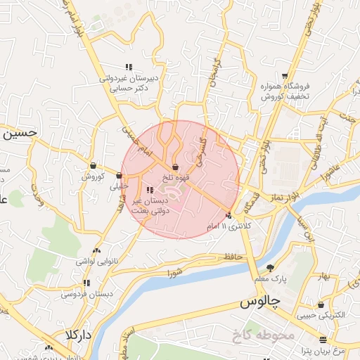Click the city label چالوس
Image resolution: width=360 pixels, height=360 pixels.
pos(260,303)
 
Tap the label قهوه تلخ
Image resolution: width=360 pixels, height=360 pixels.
pos(174,177)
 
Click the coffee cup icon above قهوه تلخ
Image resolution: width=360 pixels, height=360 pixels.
pos(174,167)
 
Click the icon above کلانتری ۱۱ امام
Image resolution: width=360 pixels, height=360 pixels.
pos(229,216)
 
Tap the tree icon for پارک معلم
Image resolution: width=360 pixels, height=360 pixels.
pos(271,268)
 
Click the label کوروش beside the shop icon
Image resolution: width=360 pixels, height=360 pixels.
pos(92,176)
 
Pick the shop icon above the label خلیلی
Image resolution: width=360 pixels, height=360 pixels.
pos(119,175)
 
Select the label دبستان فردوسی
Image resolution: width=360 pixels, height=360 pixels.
pos(87,293)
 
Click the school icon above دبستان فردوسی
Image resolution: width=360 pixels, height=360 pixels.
pos(86,283)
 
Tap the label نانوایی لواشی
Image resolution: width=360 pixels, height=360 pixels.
pos(95,260)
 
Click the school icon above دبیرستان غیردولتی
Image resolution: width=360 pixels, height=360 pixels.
pos(128,67)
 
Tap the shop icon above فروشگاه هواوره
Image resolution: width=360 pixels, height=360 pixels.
pos(285,75)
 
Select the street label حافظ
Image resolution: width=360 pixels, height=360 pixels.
pos(233,257)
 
